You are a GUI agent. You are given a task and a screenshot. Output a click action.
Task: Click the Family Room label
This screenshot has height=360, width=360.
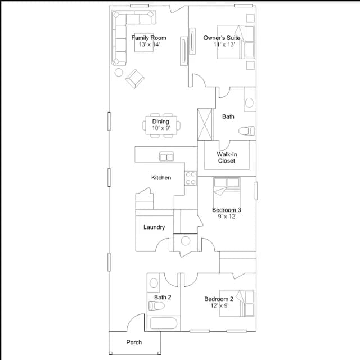[x=148, y=38]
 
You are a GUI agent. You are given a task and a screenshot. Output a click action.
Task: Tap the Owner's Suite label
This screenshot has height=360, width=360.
[x=222, y=38]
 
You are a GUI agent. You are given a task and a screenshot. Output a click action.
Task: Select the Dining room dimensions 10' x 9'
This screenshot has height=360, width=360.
[x=161, y=128]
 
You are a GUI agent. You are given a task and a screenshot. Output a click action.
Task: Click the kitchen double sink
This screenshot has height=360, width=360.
[x=166, y=157]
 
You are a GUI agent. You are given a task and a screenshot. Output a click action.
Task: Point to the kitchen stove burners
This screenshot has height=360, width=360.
[x=191, y=178]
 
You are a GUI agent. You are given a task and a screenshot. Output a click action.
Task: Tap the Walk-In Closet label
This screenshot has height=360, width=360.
[x=227, y=157]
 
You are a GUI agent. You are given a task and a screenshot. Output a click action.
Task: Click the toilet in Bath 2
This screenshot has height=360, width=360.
[x=156, y=306]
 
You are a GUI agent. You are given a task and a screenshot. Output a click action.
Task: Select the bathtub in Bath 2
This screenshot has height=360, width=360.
[x=164, y=323]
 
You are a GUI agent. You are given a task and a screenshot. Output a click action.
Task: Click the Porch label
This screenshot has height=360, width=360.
[x=134, y=343]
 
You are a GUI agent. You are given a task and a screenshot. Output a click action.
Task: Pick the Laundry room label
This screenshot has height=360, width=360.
[x=154, y=227]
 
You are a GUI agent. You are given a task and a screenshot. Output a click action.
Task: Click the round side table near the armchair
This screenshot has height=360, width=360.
[x=119, y=73]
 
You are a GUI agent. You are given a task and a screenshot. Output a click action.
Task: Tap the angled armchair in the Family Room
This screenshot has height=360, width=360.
[x=135, y=79]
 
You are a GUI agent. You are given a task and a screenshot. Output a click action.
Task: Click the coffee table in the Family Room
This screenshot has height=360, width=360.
[x=144, y=43]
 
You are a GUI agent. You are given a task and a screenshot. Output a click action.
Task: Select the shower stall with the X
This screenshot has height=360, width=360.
[x=205, y=124]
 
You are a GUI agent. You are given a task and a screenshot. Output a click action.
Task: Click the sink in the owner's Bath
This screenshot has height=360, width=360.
[x=249, y=102]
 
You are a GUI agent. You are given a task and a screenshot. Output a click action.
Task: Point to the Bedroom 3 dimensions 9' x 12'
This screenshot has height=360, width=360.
[x=227, y=216]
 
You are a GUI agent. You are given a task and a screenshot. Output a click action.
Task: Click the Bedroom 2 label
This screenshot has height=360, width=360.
[x=219, y=299]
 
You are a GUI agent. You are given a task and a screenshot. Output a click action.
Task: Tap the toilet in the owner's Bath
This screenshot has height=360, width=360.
[x=246, y=131]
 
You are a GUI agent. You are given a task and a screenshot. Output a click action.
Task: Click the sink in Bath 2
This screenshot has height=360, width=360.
[x=154, y=283]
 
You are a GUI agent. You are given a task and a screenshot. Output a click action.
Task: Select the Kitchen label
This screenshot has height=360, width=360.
[x=161, y=178]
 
